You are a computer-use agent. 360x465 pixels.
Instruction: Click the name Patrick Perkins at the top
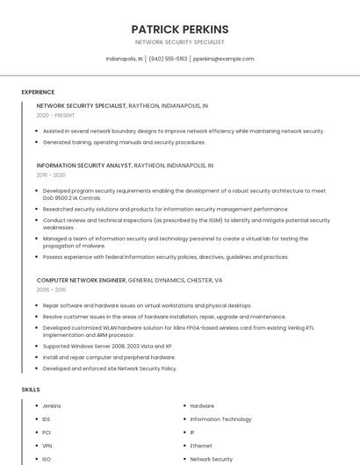(x=179, y=29)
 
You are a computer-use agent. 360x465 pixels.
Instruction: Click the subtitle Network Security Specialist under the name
(x=179, y=42)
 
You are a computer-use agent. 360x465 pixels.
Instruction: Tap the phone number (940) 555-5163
(x=168, y=59)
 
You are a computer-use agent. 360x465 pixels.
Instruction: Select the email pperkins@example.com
(x=223, y=59)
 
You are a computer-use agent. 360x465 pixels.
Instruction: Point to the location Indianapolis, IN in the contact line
(x=124, y=59)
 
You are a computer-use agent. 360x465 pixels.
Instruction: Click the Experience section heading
(x=38, y=92)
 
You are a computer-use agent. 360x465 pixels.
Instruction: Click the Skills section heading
(x=31, y=389)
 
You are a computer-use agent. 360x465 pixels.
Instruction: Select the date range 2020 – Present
(x=55, y=115)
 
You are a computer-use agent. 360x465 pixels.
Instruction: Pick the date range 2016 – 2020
(x=51, y=175)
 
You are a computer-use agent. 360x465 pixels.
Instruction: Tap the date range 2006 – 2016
(x=51, y=290)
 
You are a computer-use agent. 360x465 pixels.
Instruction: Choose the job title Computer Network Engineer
(x=82, y=280)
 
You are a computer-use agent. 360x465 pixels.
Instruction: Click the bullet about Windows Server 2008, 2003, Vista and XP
(x=107, y=346)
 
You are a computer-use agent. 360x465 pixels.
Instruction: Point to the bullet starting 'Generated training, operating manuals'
(x=124, y=142)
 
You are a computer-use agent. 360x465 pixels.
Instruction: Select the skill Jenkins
(x=52, y=406)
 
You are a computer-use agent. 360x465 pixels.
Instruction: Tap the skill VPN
(x=47, y=446)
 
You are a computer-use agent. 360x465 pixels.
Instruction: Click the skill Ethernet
(x=201, y=446)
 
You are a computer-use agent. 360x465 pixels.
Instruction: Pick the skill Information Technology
(x=220, y=419)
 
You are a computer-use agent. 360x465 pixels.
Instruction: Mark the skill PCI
(x=47, y=433)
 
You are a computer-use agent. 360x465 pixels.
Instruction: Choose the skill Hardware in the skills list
(x=202, y=406)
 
